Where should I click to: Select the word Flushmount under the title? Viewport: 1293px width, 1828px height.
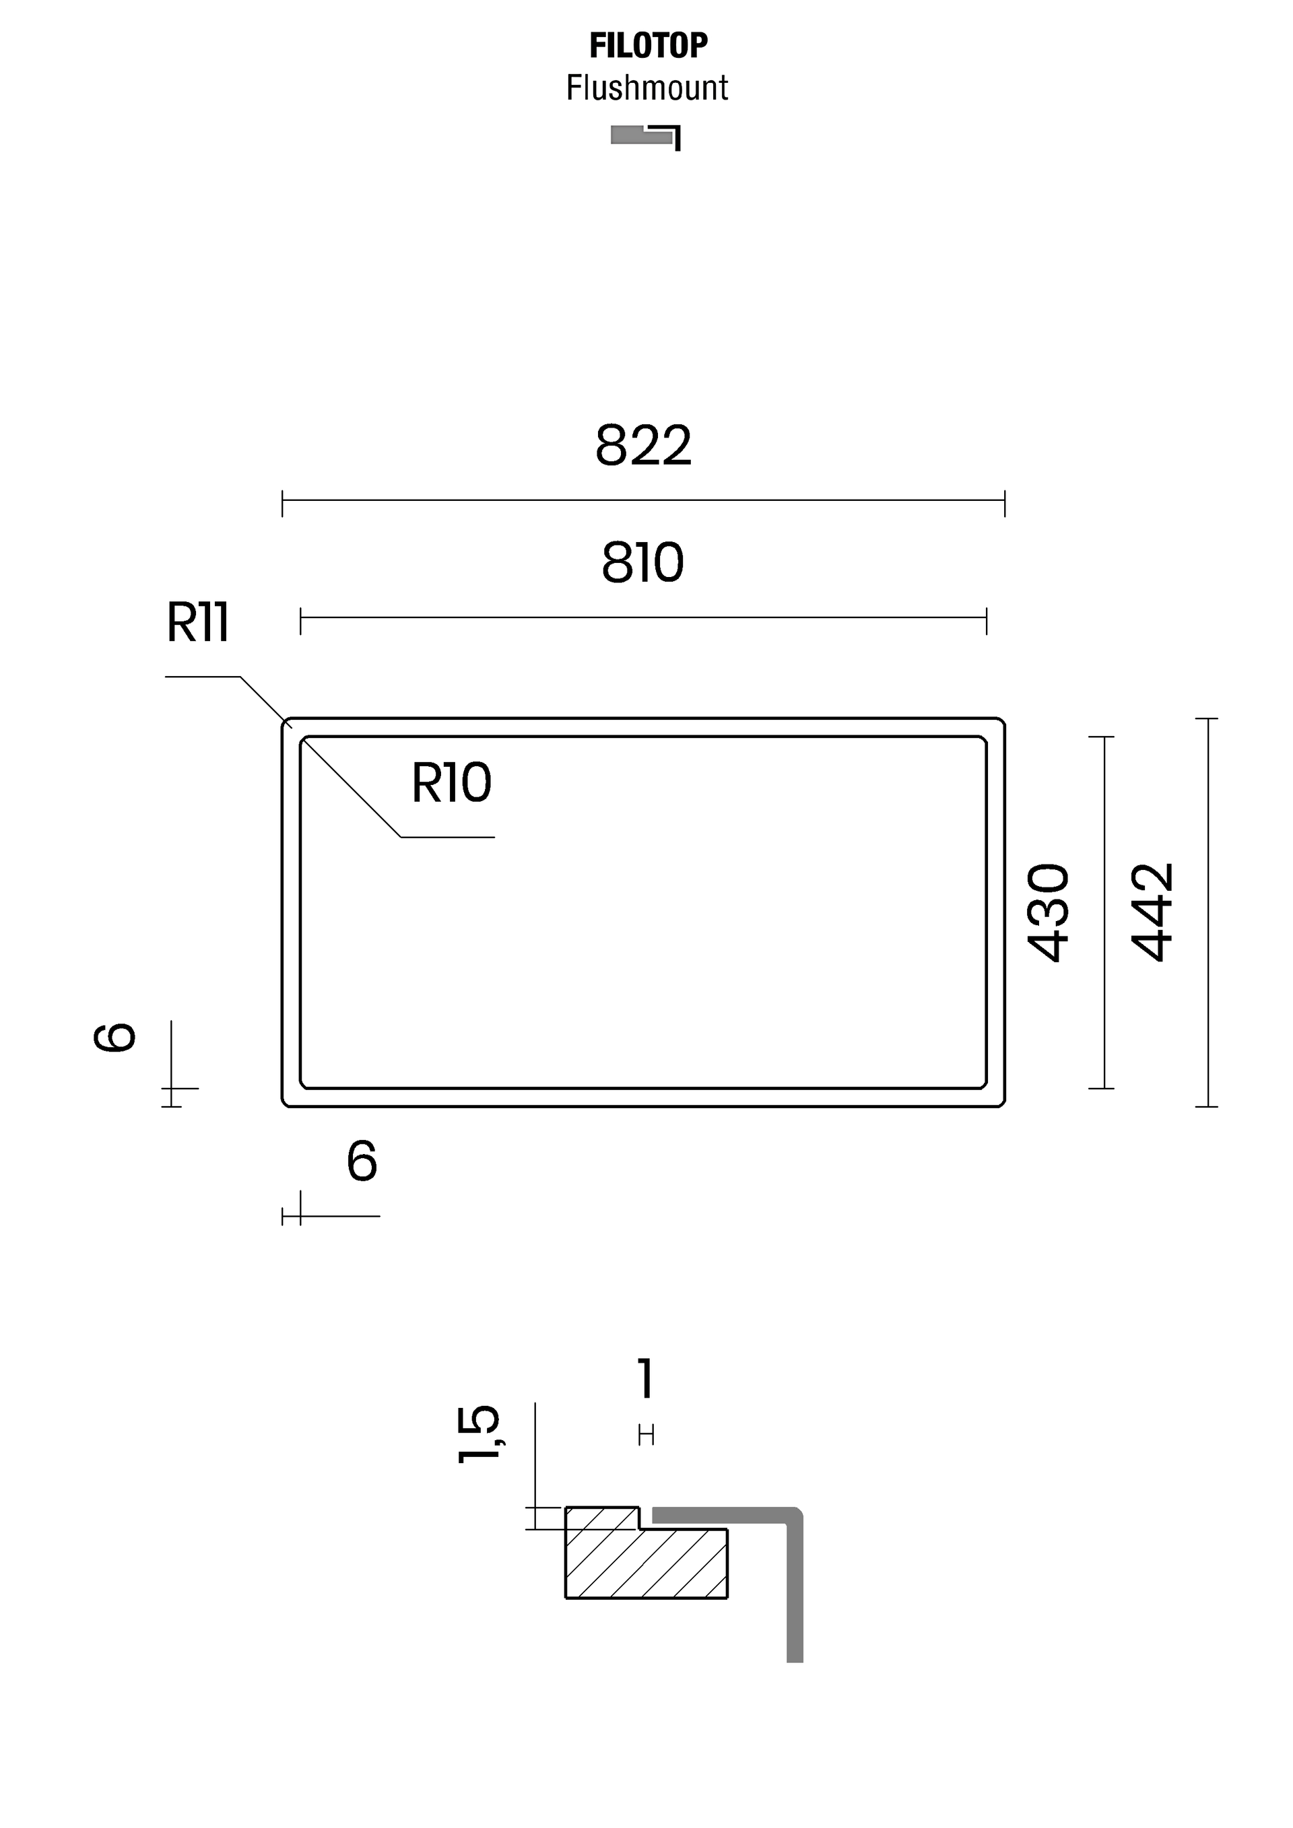(x=646, y=88)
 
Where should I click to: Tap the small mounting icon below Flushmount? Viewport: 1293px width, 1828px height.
(x=646, y=137)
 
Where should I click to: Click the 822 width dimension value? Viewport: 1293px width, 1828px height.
(x=643, y=446)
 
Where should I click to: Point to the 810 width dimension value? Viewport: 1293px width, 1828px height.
(x=642, y=563)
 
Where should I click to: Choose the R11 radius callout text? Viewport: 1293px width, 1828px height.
(x=197, y=623)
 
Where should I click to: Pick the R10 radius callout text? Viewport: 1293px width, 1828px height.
(x=451, y=784)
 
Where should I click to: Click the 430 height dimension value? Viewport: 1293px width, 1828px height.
(x=1048, y=912)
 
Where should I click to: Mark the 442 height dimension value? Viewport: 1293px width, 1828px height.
(x=1152, y=912)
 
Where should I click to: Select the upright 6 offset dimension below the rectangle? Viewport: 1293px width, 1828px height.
(x=362, y=1161)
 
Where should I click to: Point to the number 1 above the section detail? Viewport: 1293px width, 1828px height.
(x=646, y=1380)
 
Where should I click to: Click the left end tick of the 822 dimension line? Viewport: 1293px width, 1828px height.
(x=283, y=504)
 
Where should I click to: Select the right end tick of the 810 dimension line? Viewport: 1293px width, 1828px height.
(x=987, y=621)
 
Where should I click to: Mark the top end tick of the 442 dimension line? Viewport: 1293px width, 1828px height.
(x=1207, y=719)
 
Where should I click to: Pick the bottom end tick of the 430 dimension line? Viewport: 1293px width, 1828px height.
(x=1102, y=1087)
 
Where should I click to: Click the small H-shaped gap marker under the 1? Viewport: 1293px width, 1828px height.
(x=646, y=1435)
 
